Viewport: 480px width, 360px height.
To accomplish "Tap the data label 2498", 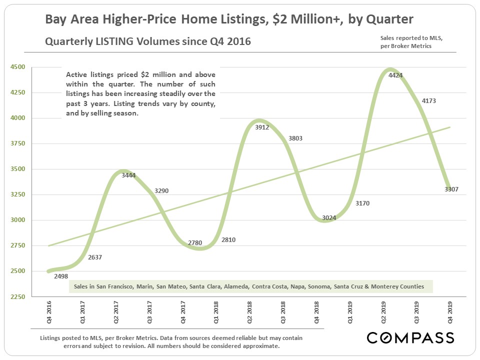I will pos(61,275).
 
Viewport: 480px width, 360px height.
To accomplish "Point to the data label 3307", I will pos(451,189).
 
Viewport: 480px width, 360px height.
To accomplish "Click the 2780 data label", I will pos(195,243).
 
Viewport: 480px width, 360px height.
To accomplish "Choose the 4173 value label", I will pos(428,100).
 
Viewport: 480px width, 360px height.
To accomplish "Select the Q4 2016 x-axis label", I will pos(48,313).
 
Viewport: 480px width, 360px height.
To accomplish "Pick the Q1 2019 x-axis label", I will pos(350,313).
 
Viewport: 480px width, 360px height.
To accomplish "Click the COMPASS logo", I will pos(410,337).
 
